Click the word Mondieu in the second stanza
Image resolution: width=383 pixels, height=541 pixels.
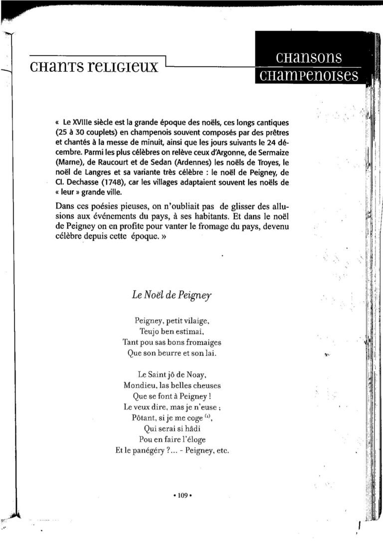pos(141,385)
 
